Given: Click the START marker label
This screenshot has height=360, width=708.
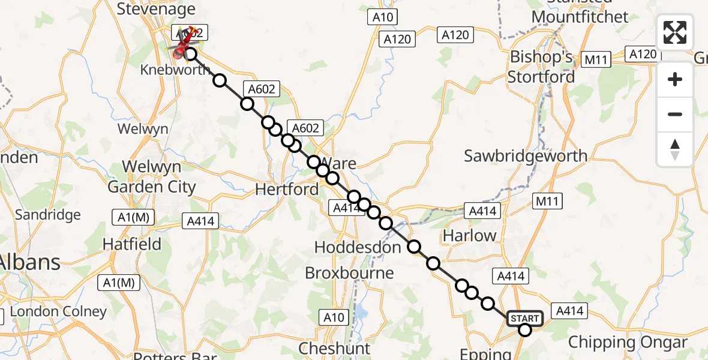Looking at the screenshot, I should coord(525,318).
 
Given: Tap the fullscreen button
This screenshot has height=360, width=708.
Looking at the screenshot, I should coord(675,32).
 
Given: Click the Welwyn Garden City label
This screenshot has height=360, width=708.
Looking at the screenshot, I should coord(152,176).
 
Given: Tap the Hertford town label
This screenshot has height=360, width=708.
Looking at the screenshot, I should coord(287,190).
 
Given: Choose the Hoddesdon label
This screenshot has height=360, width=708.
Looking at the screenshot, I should coord(358,247).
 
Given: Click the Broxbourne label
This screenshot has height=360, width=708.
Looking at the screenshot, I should coord(349,273).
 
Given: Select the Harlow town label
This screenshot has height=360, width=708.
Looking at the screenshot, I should coord(470,235).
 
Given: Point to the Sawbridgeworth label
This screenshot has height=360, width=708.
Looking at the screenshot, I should coord(526,156).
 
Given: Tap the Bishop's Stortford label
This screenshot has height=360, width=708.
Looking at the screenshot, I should coord(541,67).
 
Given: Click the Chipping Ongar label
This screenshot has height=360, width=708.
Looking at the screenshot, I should coord(628,343).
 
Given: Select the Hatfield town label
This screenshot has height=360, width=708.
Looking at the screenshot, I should coord(132,244).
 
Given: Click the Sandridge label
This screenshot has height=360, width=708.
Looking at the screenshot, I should coord(47,214).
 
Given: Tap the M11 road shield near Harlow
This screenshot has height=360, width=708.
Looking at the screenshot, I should coord(548,201).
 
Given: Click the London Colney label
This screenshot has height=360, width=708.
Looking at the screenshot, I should coord(58,311).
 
